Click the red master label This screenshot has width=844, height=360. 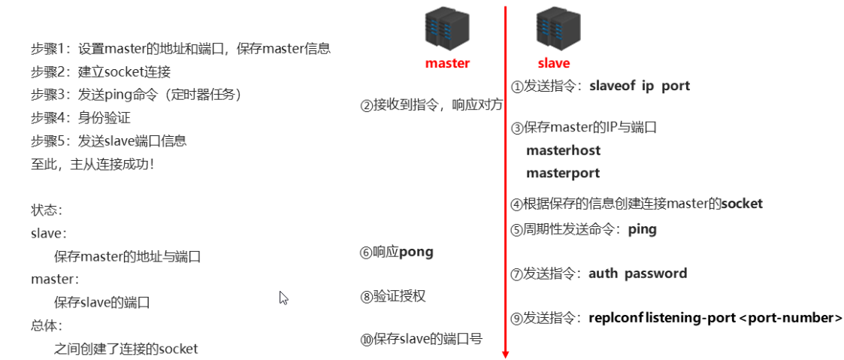point(447,63)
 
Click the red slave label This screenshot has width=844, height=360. point(554,63)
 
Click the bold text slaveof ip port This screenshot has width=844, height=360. point(640,86)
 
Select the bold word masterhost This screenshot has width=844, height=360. point(563,150)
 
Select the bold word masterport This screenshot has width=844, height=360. point(563,173)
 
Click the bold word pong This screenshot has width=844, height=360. point(416,252)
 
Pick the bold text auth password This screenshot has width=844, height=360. point(637,274)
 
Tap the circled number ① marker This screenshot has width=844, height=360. point(516,86)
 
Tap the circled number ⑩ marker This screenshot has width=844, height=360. point(367,340)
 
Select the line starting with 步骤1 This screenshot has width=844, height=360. point(180,49)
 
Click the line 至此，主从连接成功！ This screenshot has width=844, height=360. point(92,164)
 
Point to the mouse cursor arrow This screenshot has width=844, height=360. point(283,298)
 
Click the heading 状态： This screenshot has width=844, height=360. point(47,210)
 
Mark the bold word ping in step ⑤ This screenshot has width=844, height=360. point(642,229)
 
